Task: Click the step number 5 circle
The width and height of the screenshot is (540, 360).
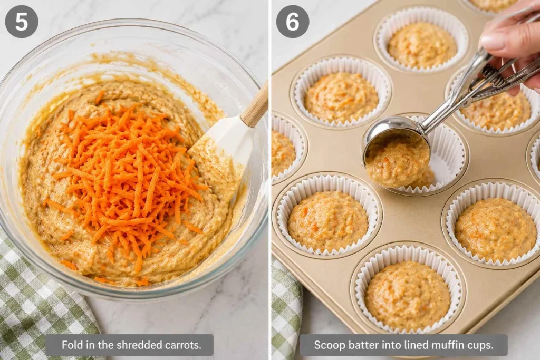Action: point(21,21)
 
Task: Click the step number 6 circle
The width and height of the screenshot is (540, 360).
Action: point(292,21)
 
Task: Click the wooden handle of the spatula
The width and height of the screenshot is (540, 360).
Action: point(256,105)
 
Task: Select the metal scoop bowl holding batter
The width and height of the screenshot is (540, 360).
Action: point(397,151)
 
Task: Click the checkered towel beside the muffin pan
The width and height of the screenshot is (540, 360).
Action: point(286,310)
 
